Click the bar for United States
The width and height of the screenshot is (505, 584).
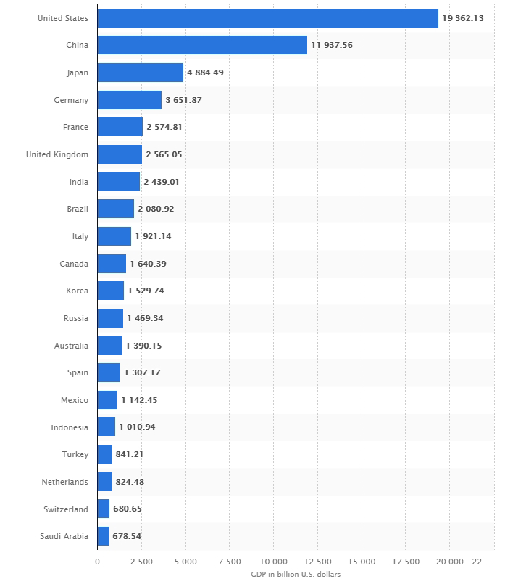click(x=267, y=18)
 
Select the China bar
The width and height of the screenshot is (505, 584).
click(x=201, y=45)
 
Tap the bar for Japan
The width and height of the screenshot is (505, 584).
click(x=140, y=72)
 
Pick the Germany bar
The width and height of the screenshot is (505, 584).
click(x=129, y=100)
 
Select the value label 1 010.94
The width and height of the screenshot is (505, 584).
click(x=137, y=427)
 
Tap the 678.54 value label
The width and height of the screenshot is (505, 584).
click(x=128, y=536)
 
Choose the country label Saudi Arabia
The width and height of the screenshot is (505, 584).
click(x=65, y=536)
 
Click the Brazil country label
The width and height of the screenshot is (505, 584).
click(x=77, y=209)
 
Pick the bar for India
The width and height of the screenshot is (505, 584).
click(x=118, y=182)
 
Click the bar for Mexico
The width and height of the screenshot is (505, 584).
click(x=107, y=400)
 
